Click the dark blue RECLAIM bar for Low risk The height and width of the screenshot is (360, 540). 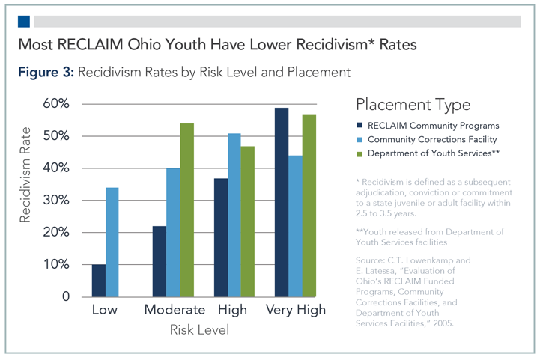(x=99, y=281)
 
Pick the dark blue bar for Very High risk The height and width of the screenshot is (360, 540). (x=282, y=202)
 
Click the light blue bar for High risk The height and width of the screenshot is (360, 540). (x=234, y=215)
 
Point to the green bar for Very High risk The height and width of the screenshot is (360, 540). (x=309, y=206)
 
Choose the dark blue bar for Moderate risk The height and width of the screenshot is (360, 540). (x=160, y=261)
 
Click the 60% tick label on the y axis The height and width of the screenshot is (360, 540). (x=55, y=103)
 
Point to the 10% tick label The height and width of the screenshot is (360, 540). (x=55, y=265)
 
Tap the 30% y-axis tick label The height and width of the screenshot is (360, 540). (x=55, y=201)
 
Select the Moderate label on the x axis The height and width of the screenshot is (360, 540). (x=174, y=310)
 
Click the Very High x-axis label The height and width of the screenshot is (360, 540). (x=294, y=310)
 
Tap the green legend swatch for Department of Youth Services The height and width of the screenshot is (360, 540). (x=362, y=154)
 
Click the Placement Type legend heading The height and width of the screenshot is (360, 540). (x=413, y=104)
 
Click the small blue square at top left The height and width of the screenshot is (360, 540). (x=23, y=20)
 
